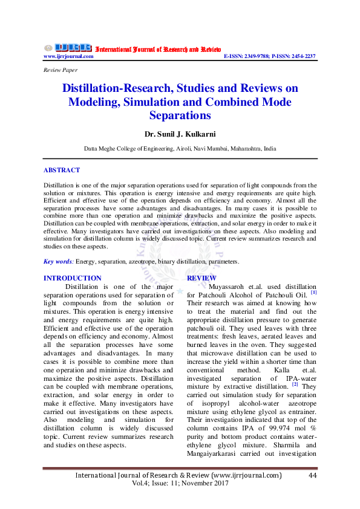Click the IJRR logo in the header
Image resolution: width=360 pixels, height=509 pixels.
68,48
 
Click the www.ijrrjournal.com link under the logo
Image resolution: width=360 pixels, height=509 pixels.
68,56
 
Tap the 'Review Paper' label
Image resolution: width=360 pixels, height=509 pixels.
60,70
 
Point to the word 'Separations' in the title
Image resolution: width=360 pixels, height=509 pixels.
180,115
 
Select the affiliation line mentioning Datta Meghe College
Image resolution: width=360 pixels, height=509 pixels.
180,148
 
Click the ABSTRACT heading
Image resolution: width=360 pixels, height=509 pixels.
62,170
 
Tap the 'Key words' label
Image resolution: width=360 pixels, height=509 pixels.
58,262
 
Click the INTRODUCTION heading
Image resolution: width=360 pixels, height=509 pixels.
73,278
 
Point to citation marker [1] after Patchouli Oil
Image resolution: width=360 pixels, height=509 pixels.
313,293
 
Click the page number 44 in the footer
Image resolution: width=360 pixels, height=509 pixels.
313,476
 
